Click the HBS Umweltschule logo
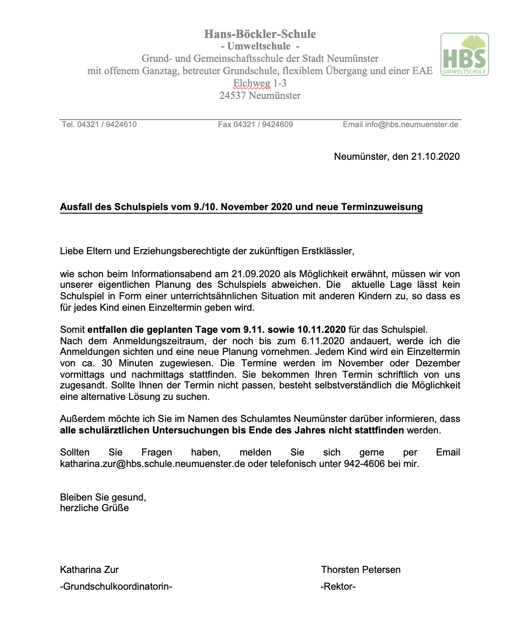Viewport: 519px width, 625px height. [x=464, y=54]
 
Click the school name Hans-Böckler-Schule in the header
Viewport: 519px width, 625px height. [x=260, y=34]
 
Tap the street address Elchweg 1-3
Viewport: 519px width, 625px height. [x=260, y=83]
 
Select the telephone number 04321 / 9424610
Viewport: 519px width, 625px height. [x=107, y=124]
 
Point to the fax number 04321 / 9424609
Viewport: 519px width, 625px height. [x=263, y=124]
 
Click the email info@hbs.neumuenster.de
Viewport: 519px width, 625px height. [x=411, y=124]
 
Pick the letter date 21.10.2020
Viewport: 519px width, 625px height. [x=435, y=156]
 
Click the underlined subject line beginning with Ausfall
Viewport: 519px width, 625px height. [x=241, y=207]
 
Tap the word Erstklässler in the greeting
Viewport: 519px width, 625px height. [x=327, y=251]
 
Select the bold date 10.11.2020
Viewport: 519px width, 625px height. [x=321, y=329]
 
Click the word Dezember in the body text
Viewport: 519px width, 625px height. [x=438, y=363]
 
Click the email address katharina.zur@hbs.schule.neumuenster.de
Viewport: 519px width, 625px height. [x=153, y=464]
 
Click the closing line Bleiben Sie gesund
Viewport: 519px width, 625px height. [x=103, y=497]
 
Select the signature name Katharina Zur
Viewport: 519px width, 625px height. [x=89, y=569]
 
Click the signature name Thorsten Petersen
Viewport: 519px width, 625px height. [x=361, y=569]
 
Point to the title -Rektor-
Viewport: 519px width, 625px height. [x=338, y=587]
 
